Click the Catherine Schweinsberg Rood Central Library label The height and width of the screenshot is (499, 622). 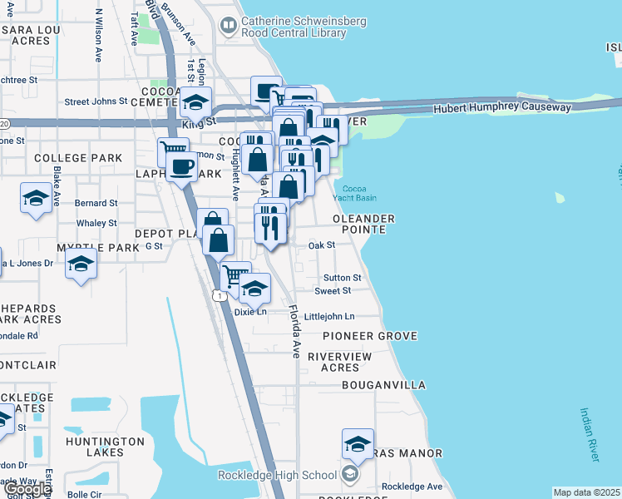293,27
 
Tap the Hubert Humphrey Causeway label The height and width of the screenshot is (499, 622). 501,108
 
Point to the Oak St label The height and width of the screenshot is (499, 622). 321,245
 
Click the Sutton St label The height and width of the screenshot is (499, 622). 342,278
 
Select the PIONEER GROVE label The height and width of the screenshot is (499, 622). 369,336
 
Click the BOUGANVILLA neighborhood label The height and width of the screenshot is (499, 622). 383,386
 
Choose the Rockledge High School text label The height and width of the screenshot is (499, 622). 277,475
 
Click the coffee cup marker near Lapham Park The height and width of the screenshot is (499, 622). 181,165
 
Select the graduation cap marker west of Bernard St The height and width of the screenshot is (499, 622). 36,198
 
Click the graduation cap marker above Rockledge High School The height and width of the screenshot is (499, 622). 358,444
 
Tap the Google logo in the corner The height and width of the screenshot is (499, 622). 27,489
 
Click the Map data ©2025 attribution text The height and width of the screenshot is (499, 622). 587,492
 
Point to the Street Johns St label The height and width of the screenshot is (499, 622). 96,102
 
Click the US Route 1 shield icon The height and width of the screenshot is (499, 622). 218,295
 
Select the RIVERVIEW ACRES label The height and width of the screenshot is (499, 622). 333,362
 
